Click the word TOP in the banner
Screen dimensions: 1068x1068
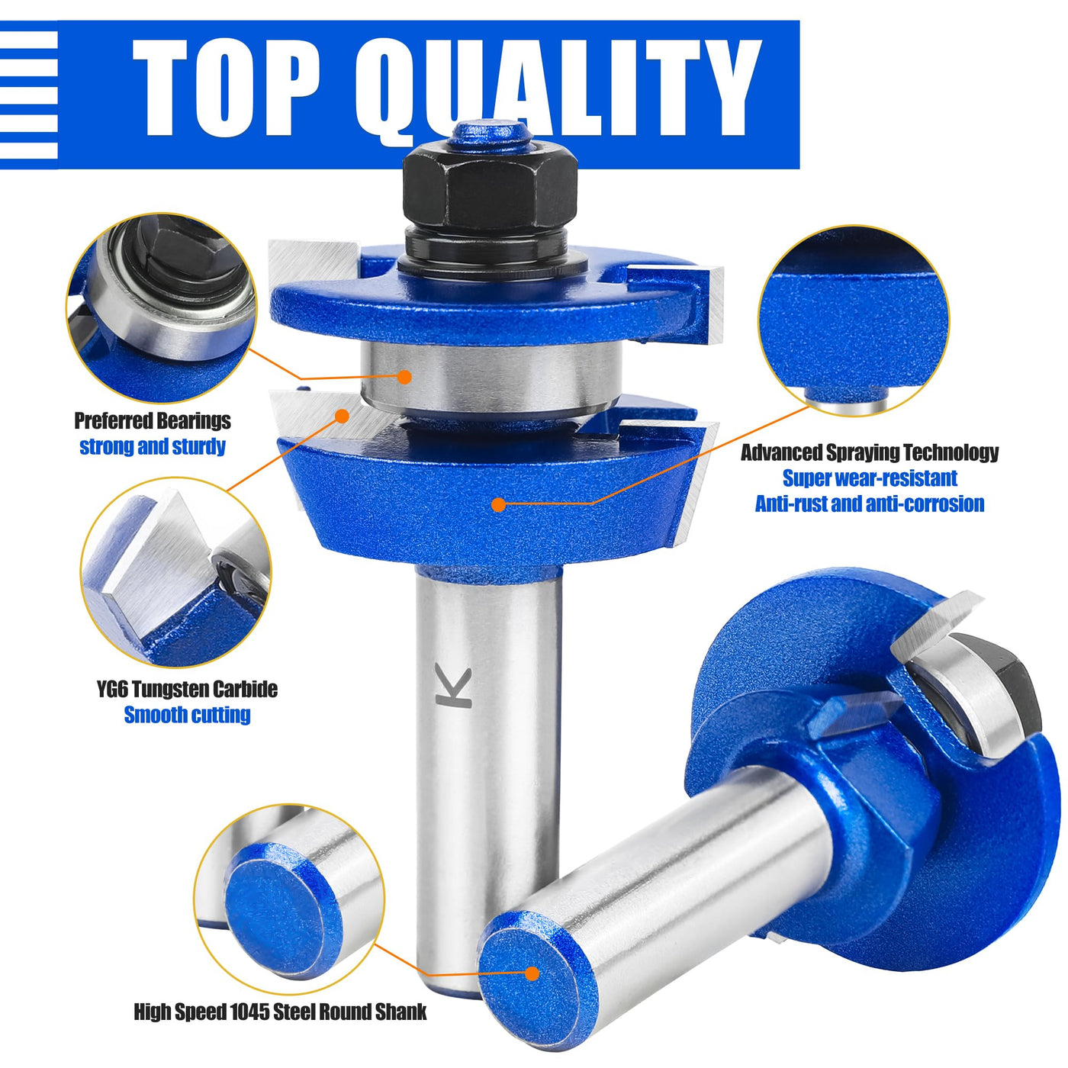click(x=226, y=88)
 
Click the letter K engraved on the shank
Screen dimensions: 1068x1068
click(x=453, y=686)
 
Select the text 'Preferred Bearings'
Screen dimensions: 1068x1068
click(x=153, y=420)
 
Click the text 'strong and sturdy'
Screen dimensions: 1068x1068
click(x=153, y=446)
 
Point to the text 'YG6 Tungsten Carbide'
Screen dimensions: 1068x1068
click(x=187, y=689)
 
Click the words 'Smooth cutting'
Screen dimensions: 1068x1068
click(x=187, y=715)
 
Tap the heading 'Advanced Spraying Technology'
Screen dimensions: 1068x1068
click(x=869, y=452)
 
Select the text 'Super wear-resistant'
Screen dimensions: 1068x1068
click(x=869, y=478)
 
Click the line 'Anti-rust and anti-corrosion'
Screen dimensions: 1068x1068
click(x=869, y=503)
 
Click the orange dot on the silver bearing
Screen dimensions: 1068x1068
click(x=404, y=377)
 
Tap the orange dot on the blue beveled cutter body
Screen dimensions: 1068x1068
click(x=498, y=504)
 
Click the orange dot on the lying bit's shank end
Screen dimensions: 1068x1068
click(x=532, y=973)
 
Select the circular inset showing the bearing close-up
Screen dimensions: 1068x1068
click(x=161, y=308)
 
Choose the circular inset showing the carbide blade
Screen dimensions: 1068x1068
click(x=175, y=572)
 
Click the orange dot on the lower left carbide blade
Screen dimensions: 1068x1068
click(x=342, y=416)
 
